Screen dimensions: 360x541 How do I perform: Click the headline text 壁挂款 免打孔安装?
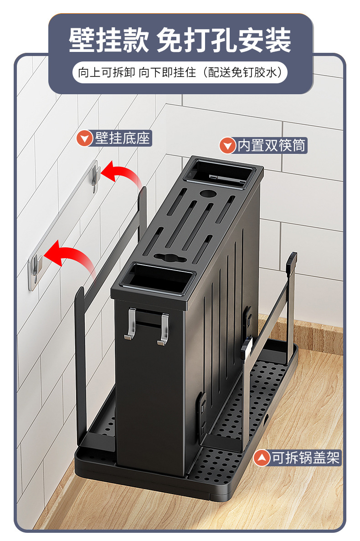(180, 41)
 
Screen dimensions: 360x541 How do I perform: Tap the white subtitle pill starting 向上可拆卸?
(180, 72)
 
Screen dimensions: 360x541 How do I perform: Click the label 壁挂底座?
(123, 138)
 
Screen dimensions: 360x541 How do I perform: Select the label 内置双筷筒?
(271, 145)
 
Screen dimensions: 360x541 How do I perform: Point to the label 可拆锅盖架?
(306, 458)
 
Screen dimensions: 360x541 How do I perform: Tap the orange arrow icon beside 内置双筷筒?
(227, 146)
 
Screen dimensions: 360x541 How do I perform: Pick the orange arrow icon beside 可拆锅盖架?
(262, 458)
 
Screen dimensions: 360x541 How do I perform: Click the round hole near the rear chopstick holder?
(207, 193)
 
